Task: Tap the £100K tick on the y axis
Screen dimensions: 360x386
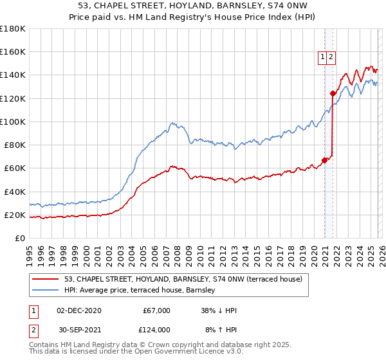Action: (x=13, y=122)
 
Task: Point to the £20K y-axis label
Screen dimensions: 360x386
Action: (x=14, y=215)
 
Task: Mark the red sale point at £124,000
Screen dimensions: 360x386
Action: (x=333, y=94)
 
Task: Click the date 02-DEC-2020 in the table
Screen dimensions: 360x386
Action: (x=78, y=310)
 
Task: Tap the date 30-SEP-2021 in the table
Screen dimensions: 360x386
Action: (x=78, y=329)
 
